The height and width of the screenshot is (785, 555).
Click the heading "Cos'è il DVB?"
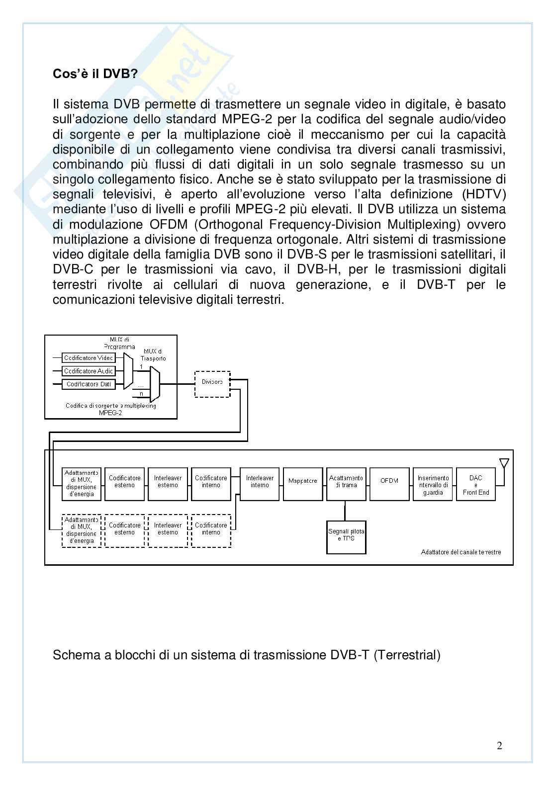[x=95, y=74]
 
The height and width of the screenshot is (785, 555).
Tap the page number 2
[x=499, y=745]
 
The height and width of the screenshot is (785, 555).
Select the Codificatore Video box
[x=89, y=358]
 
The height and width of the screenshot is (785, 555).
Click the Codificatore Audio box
[x=89, y=371]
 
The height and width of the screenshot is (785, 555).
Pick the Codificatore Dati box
[x=89, y=384]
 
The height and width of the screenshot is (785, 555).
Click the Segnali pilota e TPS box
[x=346, y=537]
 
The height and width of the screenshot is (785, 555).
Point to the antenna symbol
[x=504, y=464]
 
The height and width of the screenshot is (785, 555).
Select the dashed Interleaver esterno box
[x=168, y=530]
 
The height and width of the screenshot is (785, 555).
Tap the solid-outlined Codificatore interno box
[x=211, y=484]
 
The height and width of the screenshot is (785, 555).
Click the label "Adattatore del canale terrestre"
[x=461, y=552]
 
